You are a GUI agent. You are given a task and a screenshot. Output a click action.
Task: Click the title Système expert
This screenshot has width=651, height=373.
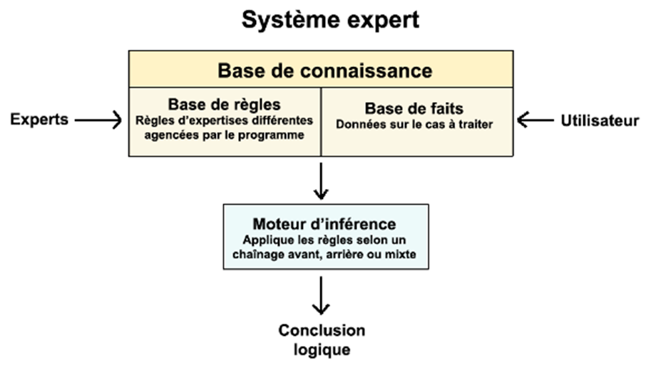[x=329, y=20]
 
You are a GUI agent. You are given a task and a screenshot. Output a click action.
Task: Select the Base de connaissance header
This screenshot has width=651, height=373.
[x=324, y=71]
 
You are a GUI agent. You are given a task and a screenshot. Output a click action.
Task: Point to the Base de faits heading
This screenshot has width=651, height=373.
[x=414, y=108]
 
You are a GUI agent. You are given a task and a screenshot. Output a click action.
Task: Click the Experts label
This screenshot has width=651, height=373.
[x=39, y=120]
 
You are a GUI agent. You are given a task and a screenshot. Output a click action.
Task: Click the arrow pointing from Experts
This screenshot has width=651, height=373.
[x=98, y=120]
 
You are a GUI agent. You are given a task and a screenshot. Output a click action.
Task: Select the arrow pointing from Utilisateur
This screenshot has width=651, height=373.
[x=540, y=120]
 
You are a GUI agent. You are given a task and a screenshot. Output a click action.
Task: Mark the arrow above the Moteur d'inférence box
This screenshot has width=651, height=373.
[x=321, y=181]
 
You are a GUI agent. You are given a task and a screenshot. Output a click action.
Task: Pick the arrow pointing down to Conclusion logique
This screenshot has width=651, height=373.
[x=321, y=295]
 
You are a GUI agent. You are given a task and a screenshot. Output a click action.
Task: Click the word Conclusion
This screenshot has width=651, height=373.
[x=322, y=331]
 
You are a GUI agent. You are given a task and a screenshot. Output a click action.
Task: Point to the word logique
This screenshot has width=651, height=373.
[x=322, y=350]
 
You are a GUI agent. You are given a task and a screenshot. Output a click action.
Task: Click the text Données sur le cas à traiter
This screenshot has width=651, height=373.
[x=414, y=124]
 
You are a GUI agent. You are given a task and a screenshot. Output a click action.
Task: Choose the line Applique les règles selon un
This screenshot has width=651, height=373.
[x=324, y=240]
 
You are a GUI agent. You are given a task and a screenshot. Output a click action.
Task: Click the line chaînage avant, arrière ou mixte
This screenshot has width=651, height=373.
[x=324, y=254]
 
